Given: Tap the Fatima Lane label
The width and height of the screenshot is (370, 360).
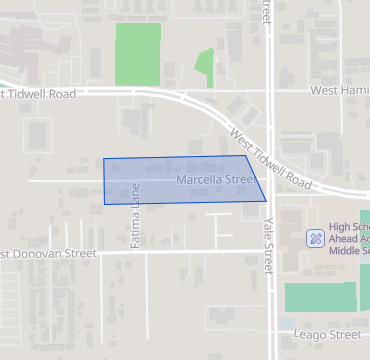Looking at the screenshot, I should pyautogui.click(x=135, y=217).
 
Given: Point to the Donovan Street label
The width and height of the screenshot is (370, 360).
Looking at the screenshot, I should pyautogui.click(x=48, y=254).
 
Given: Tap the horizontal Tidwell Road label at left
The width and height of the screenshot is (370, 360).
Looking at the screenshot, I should pyautogui.click(x=40, y=94).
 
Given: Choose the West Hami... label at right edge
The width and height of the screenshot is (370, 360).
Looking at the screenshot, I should pyautogui.click(x=339, y=90).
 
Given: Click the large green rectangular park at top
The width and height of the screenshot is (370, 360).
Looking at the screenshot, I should pyautogui.click(x=138, y=53).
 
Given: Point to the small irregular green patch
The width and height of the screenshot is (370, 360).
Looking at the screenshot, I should pyautogui.click(x=204, y=67).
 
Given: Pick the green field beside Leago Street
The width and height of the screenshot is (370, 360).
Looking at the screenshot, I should pyautogui.click(x=320, y=297).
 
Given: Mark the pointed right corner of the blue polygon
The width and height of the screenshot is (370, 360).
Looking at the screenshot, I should pyautogui.click(x=266, y=200).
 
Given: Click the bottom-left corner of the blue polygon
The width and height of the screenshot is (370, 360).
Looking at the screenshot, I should pyautogui.click(x=105, y=204).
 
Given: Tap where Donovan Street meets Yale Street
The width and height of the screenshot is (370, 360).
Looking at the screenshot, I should pyautogui.click(x=271, y=253).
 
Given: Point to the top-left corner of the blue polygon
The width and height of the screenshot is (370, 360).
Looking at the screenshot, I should pyautogui.click(x=104, y=158).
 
